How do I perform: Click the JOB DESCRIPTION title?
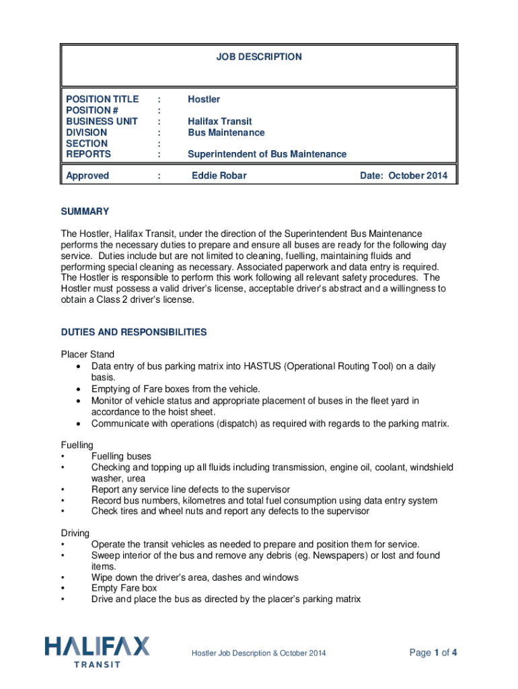(258, 57)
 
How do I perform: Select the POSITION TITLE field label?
(102, 99)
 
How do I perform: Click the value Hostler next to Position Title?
(204, 99)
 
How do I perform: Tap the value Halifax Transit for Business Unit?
(220, 121)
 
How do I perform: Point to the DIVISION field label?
(87, 133)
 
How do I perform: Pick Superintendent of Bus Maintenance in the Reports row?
(267, 154)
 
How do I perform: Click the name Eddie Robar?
(219, 176)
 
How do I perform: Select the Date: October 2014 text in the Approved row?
(404, 176)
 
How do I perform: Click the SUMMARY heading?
(85, 211)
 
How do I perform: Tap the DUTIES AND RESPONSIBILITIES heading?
(134, 332)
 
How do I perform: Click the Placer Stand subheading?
(87, 354)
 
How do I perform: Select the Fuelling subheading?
(77, 445)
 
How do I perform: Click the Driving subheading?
(75, 532)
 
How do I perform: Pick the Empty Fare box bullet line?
(124, 588)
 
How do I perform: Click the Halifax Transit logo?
(98, 651)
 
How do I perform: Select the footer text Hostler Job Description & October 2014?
(259, 653)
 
